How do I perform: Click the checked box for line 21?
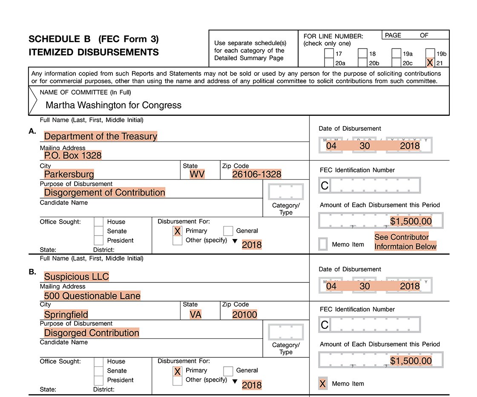point(430,63)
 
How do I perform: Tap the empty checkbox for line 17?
point(329,54)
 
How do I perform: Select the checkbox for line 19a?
point(396,54)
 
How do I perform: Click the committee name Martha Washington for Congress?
point(113,105)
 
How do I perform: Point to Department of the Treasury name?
point(101,136)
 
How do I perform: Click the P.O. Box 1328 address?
point(73,155)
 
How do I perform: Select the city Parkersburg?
point(69,174)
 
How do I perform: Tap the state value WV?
point(197,174)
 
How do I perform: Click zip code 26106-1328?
point(256,174)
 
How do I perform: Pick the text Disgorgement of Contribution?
point(104,193)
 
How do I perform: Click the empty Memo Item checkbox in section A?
point(323,244)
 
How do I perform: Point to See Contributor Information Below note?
point(405,242)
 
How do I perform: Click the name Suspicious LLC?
point(77,276)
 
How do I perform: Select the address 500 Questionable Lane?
point(92,296)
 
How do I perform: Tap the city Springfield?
point(66,314)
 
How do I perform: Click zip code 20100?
point(245,314)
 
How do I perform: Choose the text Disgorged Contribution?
point(92,333)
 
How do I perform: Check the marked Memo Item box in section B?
point(323,384)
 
